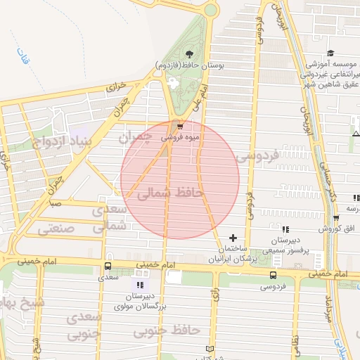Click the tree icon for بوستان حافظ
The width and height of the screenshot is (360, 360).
pyautogui.click(x=188, y=53)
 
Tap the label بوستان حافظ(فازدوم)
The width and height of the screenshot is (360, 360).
pyautogui.click(x=189, y=65)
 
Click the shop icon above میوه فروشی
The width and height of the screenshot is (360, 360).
pyautogui.click(x=181, y=127)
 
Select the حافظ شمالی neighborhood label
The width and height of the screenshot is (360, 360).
pyautogui.click(x=171, y=192)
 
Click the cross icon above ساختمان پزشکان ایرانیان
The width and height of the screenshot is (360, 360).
pyautogui.click(x=233, y=238)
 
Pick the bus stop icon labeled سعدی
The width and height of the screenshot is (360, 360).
pyautogui.click(x=108, y=266)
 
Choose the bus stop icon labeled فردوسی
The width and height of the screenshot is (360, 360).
pyautogui.click(x=273, y=275)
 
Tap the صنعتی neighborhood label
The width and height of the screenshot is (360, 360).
pyautogui.click(x=55, y=229)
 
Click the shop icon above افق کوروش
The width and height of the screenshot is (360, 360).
pyautogui.click(x=336, y=217)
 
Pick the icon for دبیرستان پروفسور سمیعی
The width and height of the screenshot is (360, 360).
pyautogui.click(x=285, y=229)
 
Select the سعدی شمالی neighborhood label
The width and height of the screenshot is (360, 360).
pyautogui.click(x=113, y=219)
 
